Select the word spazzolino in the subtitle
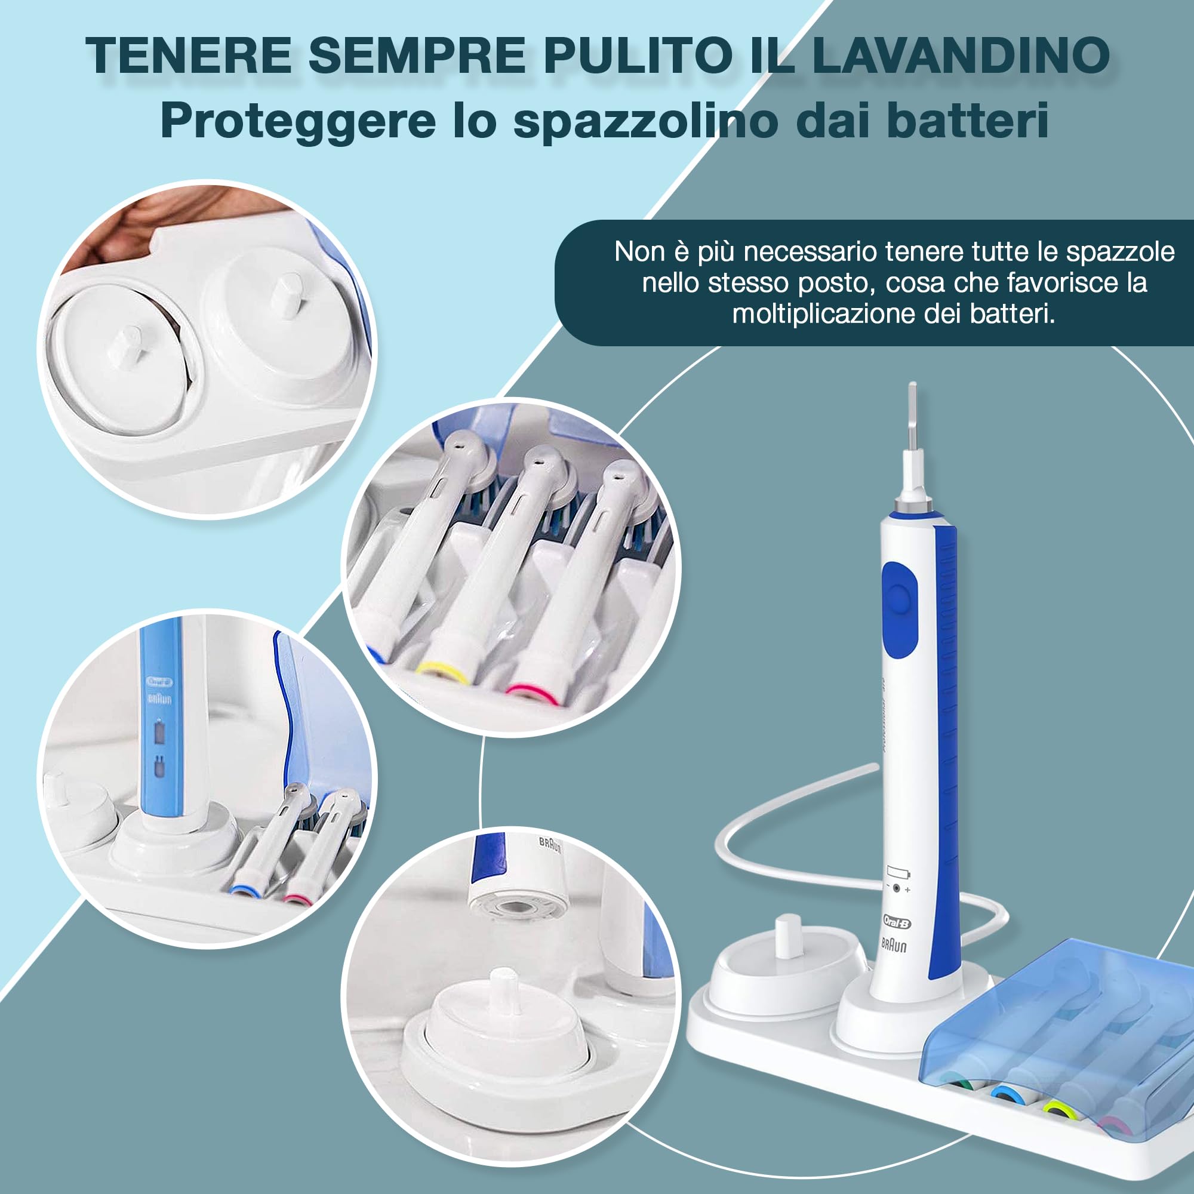point(646,122)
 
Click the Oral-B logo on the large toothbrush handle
point(897,923)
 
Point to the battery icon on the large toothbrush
point(898,873)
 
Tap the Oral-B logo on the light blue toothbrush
point(159,682)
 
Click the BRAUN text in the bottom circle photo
point(549,844)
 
